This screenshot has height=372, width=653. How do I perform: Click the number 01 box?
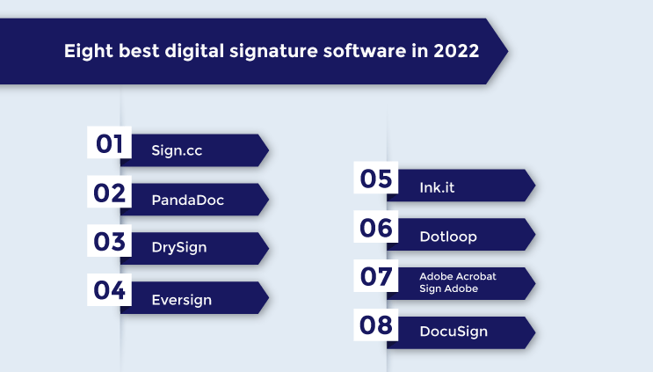(109, 142)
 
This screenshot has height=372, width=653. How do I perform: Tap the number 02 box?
(109, 192)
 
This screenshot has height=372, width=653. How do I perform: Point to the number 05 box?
(375, 179)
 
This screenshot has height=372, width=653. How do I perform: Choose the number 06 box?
(375, 227)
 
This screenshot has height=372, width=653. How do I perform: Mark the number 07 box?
(375, 276)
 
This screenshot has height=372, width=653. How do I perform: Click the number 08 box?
(375, 325)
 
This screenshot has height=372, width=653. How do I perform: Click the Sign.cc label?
(178, 150)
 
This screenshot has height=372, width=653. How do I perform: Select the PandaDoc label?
(187, 200)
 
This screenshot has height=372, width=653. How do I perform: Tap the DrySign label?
(178, 247)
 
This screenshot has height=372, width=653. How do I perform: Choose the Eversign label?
(181, 299)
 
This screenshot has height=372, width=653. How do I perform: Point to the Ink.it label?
(438, 187)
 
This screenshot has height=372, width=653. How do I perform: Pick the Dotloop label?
(448, 236)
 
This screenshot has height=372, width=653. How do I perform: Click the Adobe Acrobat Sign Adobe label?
(457, 282)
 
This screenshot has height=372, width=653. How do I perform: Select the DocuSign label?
(453, 332)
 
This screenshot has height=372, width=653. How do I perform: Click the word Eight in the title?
(86, 51)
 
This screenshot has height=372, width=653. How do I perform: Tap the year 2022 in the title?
(455, 51)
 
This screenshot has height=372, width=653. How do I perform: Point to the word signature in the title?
(266, 51)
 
